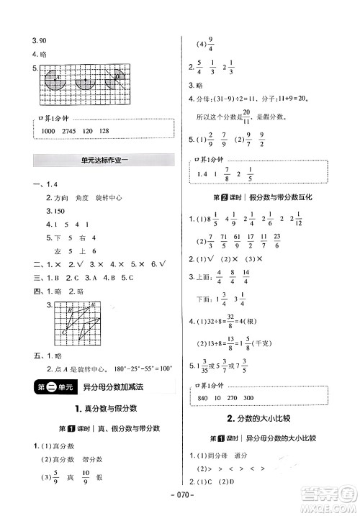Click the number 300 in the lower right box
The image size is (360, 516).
point(267,398)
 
